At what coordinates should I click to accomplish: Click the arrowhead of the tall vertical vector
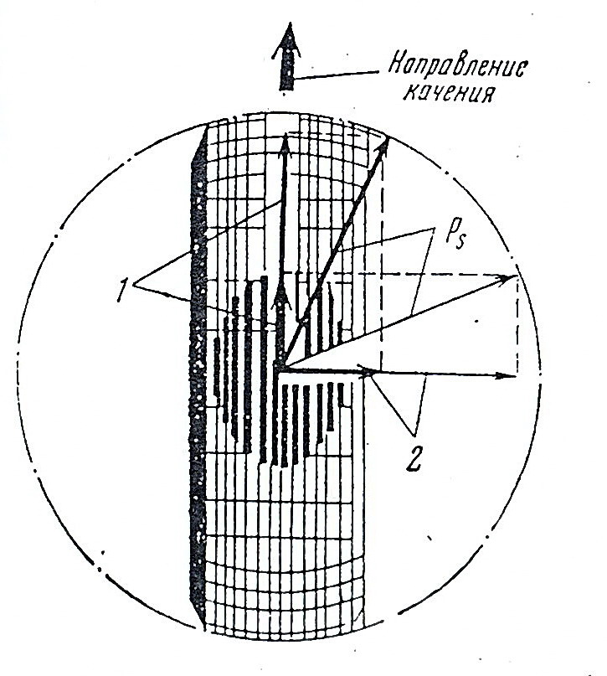[x=285, y=145]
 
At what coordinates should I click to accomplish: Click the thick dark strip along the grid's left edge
[x=198, y=377]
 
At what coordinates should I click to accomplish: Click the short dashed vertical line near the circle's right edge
[x=517, y=327]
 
